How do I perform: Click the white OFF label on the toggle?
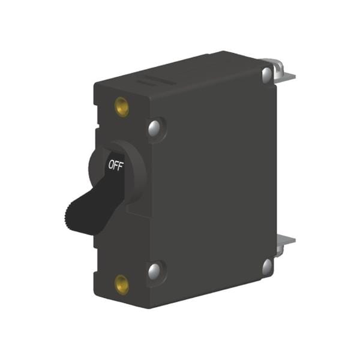pyautogui.click(x=115, y=166)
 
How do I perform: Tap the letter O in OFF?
pyautogui.click(x=110, y=166)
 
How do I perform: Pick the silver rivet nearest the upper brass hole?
pyautogui.click(x=155, y=127)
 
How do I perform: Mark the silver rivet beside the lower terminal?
pyautogui.click(x=266, y=264)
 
